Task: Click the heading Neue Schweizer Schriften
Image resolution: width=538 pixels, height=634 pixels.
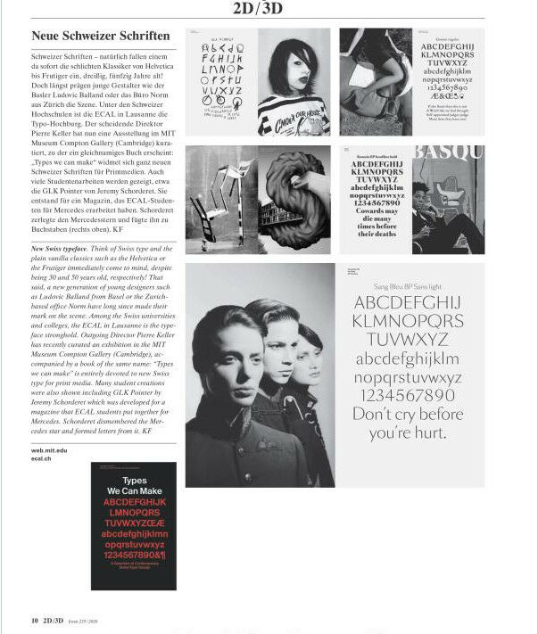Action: [100, 37]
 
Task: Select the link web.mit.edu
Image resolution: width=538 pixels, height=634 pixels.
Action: [49, 451]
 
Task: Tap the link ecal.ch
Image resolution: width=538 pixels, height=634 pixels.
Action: [41, 459]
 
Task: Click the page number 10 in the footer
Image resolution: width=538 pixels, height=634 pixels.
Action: [34, 620]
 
